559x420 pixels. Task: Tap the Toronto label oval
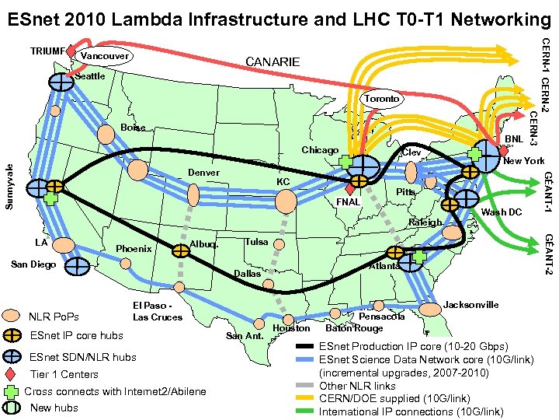(x=382, y=99)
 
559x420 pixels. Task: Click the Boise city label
(x=133, y=128)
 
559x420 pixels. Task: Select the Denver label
(x=203, y=172)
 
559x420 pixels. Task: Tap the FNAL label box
(x=348, y=202)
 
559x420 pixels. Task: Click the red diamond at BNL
(x=503, y=151)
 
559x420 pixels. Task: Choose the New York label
(x=523, y=161)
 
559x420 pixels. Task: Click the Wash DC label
(x=502, y=212)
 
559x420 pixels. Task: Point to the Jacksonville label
(x=471, y=304)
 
